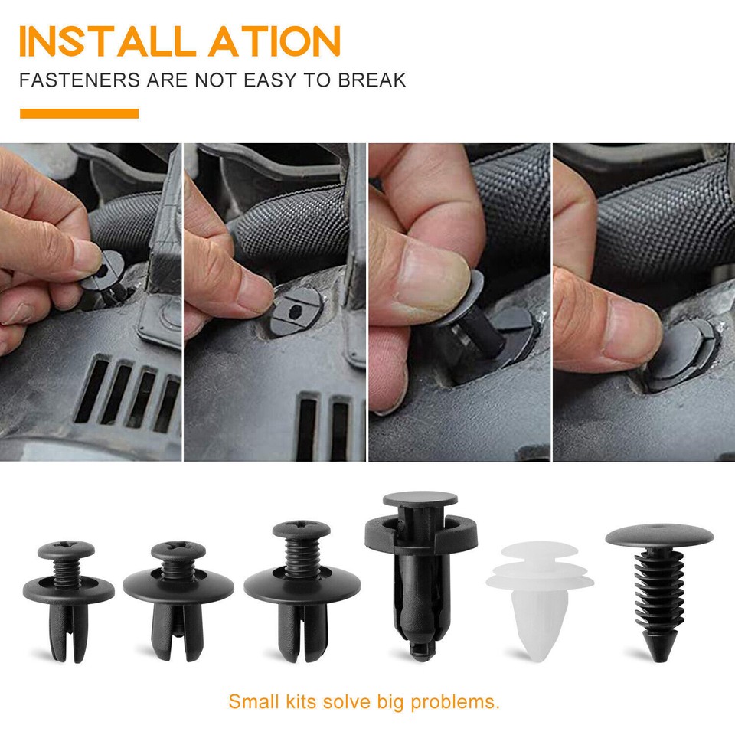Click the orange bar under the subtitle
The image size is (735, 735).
pyautogui.click(x=79, y=114)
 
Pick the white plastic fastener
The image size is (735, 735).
pyautogui.click(x=539, y=597)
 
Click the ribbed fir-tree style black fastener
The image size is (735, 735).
pyautogui.click(x=658, y=597)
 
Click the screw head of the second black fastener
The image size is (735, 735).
pyautogui.click(x=177, y=550)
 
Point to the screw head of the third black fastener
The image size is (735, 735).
pyautogui.click(x=301, y=529)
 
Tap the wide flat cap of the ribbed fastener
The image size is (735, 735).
pyautogui.click(x=658, y=535)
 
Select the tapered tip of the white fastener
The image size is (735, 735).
pyautogui.click(x=537, y=651)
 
